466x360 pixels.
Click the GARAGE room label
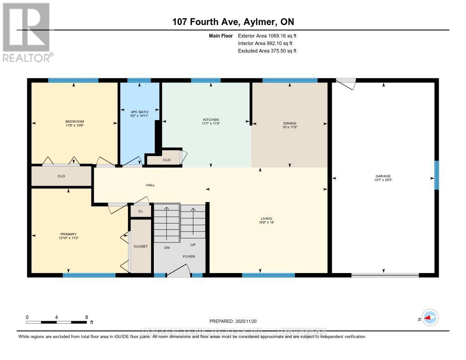click(383, 176)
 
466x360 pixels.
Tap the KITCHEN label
click(211, 120)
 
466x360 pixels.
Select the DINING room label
click(290, 123)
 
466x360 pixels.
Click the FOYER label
click(189, 257)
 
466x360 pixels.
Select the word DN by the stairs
click(167, 248)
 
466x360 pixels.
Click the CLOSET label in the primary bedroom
click(141, 246)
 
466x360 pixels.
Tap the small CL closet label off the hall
click(141, 211)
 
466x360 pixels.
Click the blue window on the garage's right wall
click(436, 175)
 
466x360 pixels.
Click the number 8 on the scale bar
click(86, 317)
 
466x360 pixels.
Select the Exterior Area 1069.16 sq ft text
click(267, 35)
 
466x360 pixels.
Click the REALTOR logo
click(27, 32)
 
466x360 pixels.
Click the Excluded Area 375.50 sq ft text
click(267, 51)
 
